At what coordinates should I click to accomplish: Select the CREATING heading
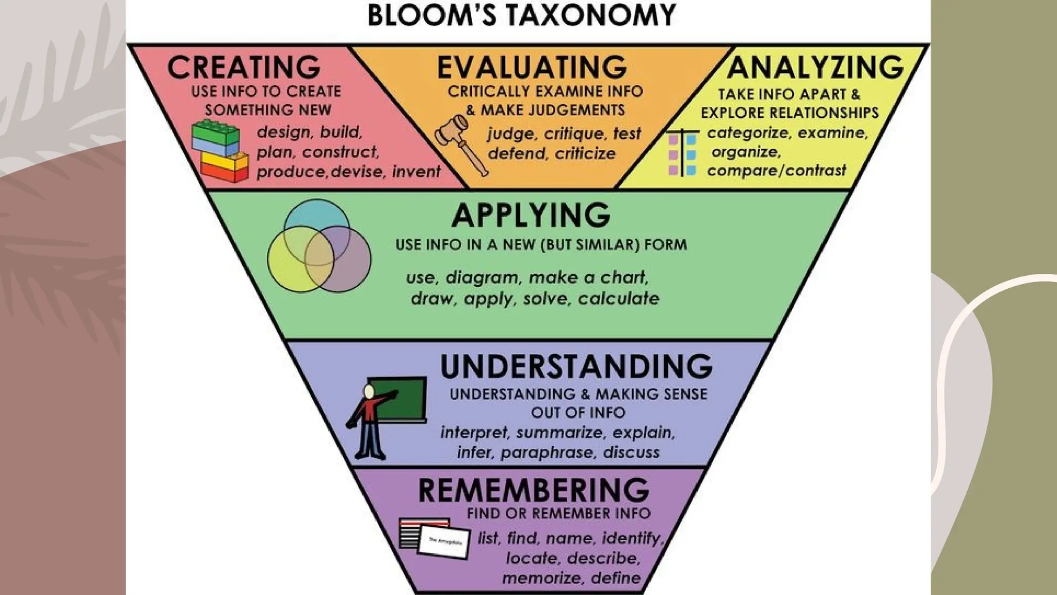[x=244, y=67]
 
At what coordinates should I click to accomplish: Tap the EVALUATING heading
[x=532, y=67]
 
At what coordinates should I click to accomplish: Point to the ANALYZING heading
[x=815, y=67]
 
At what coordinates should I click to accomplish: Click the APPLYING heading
[x=531, y=215]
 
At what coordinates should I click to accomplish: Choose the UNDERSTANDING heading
[x=576, y=366]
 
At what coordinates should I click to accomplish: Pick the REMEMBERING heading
[x=534, y=490]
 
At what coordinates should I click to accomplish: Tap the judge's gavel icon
[x=459, y=142]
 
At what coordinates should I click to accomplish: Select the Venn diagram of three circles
[x=319, y=247]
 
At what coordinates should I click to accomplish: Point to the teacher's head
[x=369, y=392]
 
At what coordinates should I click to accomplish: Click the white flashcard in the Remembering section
[x=444, y=542]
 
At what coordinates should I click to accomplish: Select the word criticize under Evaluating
[x=585, y=153]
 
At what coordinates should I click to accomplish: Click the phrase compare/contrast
[x=776, y=170]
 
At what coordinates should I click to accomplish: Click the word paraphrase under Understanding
[x=547, y=452]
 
